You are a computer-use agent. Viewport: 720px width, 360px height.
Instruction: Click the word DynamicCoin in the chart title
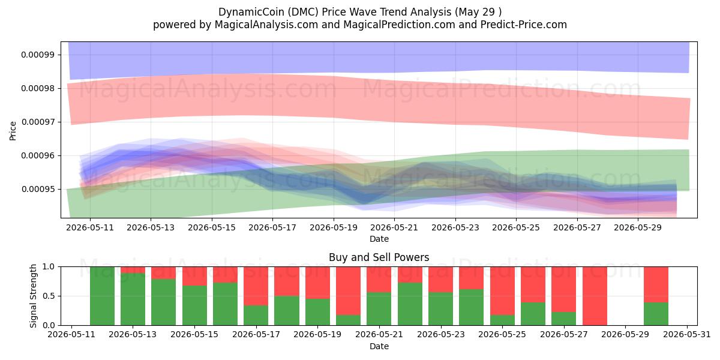[251, 12]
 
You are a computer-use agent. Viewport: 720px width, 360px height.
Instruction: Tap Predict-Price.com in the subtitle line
[523, 25]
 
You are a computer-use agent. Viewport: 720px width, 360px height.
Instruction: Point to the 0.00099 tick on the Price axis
[38, 55]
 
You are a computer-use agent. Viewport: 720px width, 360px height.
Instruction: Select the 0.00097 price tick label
[38, 122]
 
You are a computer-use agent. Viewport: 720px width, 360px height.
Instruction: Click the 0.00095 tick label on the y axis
[38, 190]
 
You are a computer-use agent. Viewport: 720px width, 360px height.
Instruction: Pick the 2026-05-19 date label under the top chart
[334, 227]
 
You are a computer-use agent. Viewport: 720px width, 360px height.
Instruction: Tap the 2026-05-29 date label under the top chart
[638, 227]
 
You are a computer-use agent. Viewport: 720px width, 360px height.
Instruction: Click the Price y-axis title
[13, 131]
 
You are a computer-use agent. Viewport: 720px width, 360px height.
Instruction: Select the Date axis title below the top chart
[379, 239]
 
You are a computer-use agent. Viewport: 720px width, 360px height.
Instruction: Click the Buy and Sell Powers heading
[379, 257]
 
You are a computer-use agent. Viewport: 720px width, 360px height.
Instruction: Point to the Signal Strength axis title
[33, 296]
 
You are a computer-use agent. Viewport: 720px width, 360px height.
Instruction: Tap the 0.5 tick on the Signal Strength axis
[48, 296]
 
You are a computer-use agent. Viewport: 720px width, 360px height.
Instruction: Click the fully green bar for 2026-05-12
[102, 296]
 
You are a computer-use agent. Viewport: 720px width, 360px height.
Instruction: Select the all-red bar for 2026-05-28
[595, 296]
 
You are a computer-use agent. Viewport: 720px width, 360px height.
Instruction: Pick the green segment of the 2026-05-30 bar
[656, 314]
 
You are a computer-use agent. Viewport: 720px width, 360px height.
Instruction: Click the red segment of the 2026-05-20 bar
[349, 291]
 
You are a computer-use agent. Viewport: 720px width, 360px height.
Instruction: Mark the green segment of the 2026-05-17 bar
[256, 316]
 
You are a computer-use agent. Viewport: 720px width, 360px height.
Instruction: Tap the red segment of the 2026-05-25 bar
[502, 291]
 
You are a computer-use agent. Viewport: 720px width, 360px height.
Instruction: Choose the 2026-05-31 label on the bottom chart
[687, 335]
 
